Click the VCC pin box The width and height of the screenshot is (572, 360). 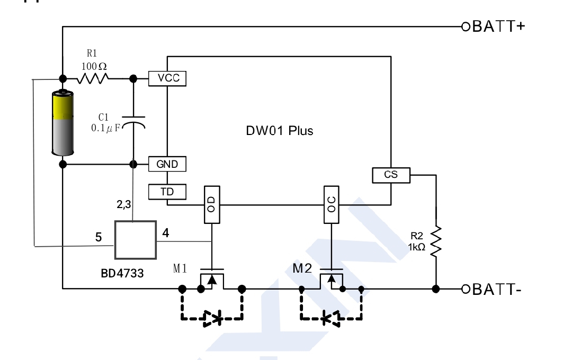coord(167,78)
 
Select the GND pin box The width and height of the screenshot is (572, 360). coord(167,164)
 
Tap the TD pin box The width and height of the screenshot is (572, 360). coord(167,192)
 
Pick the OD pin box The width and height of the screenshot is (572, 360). coord(211,205)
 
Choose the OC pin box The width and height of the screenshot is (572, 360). coord(332,205)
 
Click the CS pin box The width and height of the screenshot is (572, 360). coord(391,174)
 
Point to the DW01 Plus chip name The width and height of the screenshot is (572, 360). coord(279,131)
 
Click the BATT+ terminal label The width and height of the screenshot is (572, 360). coord(498,26)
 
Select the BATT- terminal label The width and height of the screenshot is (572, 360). coord(497,289)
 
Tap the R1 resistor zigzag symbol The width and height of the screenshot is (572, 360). coord(93,79)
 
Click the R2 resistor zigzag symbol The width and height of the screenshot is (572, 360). coord(436,241)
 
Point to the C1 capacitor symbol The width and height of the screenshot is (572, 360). coord(133,122)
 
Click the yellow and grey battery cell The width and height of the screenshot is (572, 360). coord(62,123)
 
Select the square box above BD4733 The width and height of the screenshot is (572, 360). coord(136,240)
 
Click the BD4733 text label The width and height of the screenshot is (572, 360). coord(122,274)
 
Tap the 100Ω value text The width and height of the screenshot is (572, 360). coord(94,66)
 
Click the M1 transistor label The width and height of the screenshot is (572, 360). coord(180,268)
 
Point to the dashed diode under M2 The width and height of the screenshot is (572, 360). coord(332,318)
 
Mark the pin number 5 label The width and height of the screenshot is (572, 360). coord(99,238)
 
